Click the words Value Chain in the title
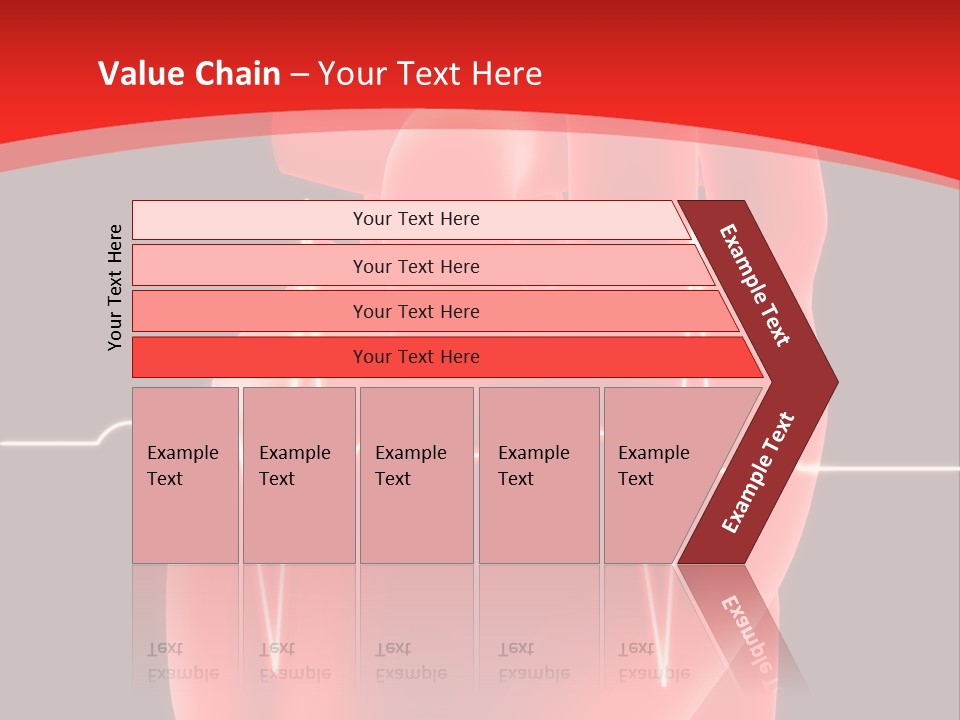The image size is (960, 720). point(189,74)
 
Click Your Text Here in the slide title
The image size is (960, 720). point(430,74)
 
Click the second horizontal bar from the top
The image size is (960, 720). point(415,266)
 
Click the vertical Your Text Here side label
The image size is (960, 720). point(115,287)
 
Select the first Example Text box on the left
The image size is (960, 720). point(185,474)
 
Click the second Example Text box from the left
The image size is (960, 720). point(299,474)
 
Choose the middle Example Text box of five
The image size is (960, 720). point(416,474)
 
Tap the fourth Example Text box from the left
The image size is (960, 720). point(539,474)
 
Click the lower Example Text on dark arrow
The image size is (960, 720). point(758,473)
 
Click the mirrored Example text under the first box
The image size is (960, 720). point(183,662)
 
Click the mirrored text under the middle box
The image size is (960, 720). point(411,662)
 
